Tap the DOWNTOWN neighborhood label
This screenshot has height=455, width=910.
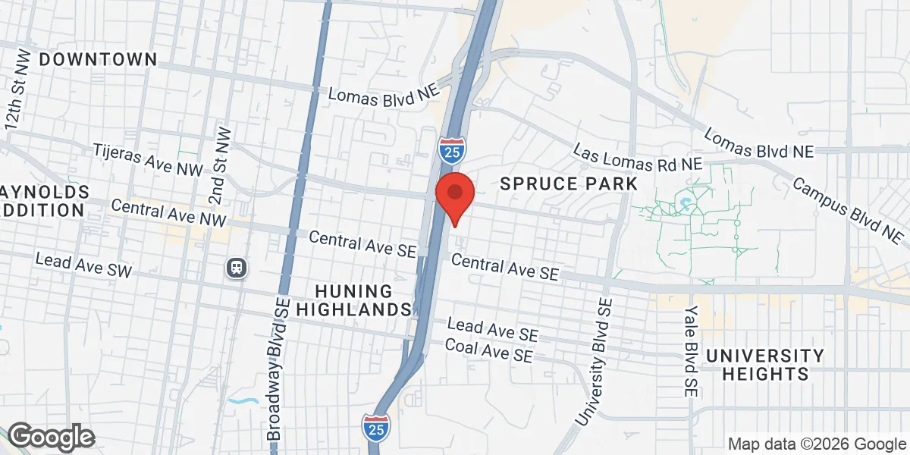click(x=98, y=59)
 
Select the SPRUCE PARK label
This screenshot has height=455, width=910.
click(x=568, y=184)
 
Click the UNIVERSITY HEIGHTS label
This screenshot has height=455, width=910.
click(x=765, y=364)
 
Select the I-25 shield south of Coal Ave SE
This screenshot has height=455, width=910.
click(x=377, y=427)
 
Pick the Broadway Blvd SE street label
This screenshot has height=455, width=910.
click(x=279, y=379)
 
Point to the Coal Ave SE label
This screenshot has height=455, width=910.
click(x=489, y=350)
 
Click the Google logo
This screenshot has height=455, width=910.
click(x=51, y=437)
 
